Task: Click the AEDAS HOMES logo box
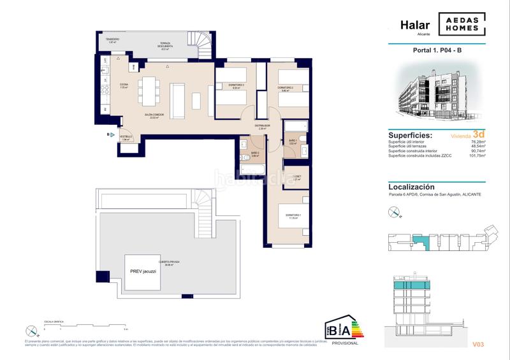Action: (462, 24)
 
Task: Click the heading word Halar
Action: (414, 25)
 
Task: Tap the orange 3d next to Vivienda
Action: (479, 134)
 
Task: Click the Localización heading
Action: (411, 187)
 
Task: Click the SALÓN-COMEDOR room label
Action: (153, 116)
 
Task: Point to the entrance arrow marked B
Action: (109, 135)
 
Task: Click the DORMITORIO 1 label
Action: (291, 217)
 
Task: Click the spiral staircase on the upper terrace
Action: (207, 43)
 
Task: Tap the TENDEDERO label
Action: (112, 40)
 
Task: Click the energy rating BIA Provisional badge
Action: (342, 329)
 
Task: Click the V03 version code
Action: (479, 345)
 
